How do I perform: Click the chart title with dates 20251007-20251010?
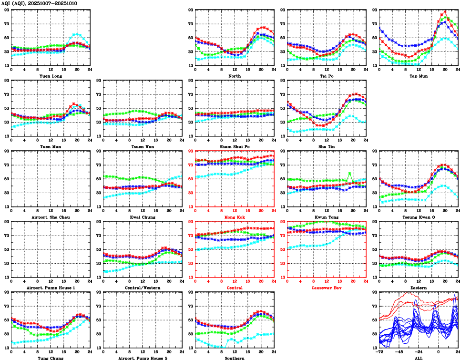pyautogui.click(x=39, y=3)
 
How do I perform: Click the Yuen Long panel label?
pyautogui.click(x=51, y=75)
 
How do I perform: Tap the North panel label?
pyautogui.click(x=235, y=75)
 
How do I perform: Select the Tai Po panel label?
pyautogui.click(x=327, y=75)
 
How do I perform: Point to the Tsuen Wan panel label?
pyautogui.click(x=143, y=146)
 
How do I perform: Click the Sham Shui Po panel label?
pyautogui.click(x=235, y=146)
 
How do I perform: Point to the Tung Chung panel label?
pyautogui.click(x=51, y=358)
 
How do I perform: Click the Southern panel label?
pyautogui.click(x=235, y=358)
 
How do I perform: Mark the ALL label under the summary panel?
pyautogui.click(x=419, y=358)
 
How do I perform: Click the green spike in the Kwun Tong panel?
pyautogui.click(x=349, y=173)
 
